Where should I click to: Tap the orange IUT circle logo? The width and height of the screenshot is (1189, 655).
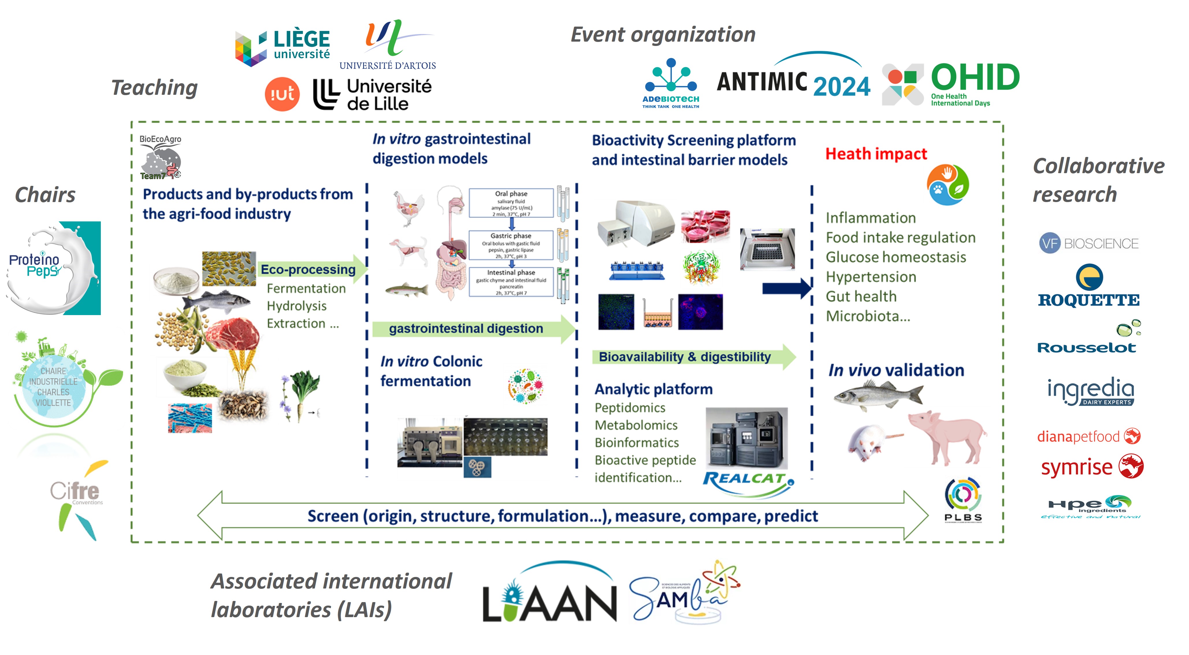click(x=282, y=94)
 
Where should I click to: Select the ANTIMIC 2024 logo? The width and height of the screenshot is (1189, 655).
click(x=793, y=82)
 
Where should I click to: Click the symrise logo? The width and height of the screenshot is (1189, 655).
click(x=1092, y=467)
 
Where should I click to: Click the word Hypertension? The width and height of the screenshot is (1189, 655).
click(x=871, y=277)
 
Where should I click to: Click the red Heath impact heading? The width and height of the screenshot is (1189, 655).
click(x=876, y=154)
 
